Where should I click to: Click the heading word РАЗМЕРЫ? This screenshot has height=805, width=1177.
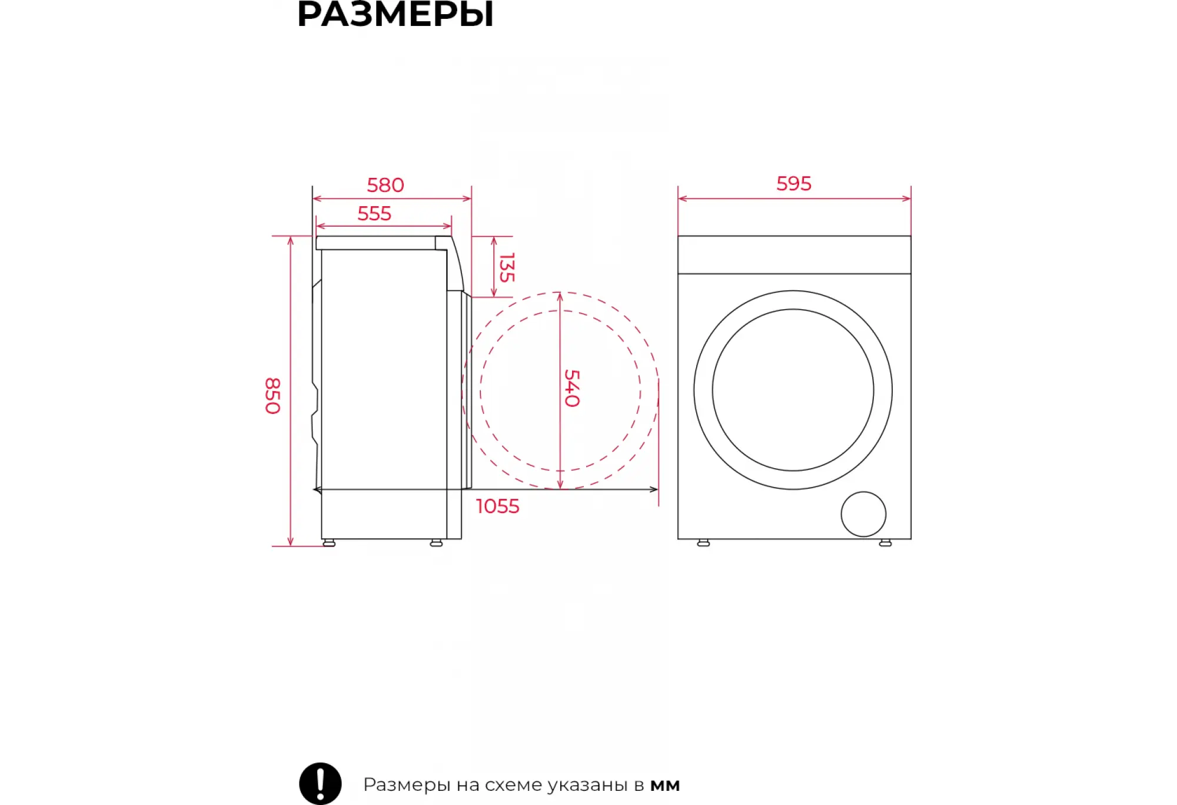[395, 14]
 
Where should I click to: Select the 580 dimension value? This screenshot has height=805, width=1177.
[385, 185]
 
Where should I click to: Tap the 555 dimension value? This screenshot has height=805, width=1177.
[374, 214]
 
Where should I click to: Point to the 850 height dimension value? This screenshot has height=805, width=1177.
[273, 396]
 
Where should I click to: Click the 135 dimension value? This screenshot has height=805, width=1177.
[507, 267]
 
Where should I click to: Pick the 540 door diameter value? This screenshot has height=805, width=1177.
[572, 388]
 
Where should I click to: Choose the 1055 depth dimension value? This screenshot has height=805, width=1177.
[498, 506]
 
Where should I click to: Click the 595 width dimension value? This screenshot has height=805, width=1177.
[794, 184]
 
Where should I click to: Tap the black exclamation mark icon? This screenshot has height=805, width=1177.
[320, 784]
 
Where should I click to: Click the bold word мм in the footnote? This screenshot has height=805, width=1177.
[665, 786]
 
